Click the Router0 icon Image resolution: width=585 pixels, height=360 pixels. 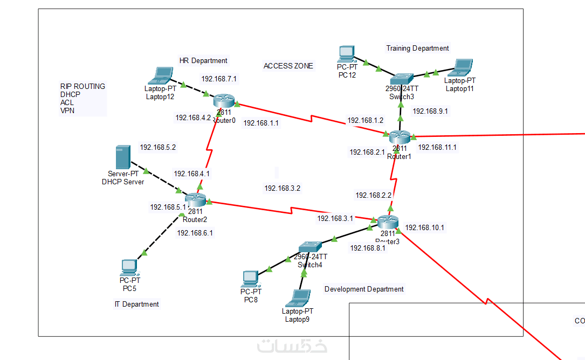[224, 101]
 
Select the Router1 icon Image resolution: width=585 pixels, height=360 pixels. [400, 136]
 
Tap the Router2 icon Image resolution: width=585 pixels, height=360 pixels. [195, 200]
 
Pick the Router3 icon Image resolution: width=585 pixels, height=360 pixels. [388, 221]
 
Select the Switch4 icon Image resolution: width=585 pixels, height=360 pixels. [310, 248]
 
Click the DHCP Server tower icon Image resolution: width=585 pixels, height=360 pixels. [123, 157]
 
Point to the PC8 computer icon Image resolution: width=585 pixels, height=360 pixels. [250, 279]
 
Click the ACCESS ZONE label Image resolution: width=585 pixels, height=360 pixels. [288, 66]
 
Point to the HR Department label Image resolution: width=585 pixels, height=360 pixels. [203, 61]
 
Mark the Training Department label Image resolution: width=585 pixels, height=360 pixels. [417, 49]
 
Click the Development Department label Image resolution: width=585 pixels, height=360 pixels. [364, 289]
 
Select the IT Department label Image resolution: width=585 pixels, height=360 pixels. [136, 304]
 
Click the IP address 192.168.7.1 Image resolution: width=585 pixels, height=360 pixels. [219, 79]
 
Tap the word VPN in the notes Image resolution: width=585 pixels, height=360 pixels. [67, 110]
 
